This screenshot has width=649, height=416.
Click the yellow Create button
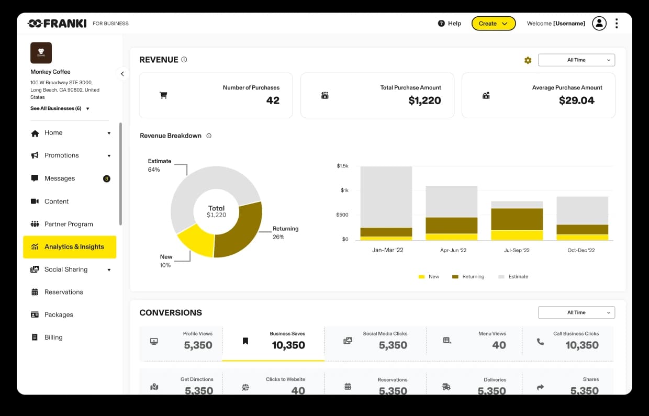[493, 24]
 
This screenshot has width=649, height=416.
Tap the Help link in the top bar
[450, 24]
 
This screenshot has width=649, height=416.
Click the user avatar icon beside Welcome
[599, 24]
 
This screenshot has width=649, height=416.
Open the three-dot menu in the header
[617, 24]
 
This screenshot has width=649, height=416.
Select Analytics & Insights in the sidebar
[70, 247]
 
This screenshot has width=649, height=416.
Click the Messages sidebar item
[60, 178]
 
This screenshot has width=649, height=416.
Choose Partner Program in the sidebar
[69, 224]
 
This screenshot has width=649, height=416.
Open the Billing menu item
[53, 338]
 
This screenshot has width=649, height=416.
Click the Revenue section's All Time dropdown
[576, 60]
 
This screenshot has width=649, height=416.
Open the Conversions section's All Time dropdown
[576, 312]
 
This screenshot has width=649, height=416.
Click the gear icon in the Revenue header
[528, 60]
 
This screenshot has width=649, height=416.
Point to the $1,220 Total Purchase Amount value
[424, 100]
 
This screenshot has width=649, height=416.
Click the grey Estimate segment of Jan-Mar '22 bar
[386, 196]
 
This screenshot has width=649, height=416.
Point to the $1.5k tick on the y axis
[342, 166]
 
